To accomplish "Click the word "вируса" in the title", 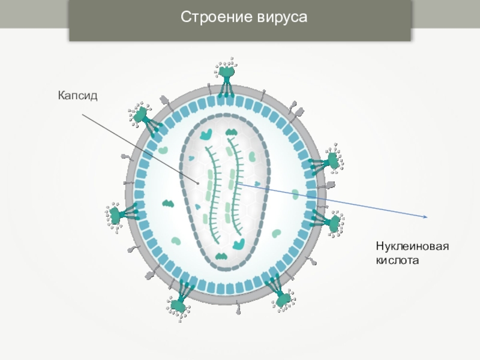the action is (x=276, y=17).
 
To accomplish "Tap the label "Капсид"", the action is (x=77, y=95).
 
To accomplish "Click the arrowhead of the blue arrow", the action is (x=425, y=216).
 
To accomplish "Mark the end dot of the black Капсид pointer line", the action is (x=197, y=182).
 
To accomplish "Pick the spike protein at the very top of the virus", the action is (x=226, y=75).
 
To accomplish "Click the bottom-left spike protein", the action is (x=179, y=304).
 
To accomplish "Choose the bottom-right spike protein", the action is (x=282, y=298).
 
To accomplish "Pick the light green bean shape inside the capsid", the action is (x=253, y=155).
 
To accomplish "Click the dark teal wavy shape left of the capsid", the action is (x=168, y=203).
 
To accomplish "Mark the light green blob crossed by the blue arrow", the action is (x=295, y=194).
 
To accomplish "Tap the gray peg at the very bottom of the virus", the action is (x=239, y=310).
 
